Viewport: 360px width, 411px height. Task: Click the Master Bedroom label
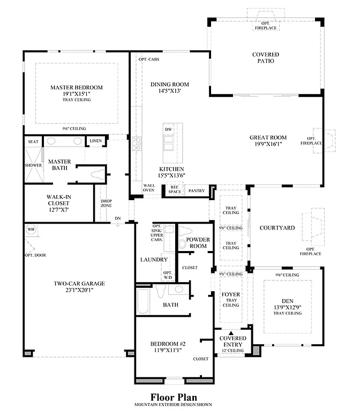point(77,87)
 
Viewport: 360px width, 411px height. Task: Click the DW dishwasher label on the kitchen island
point(168,130)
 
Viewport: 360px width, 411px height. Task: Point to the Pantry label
point(197,191)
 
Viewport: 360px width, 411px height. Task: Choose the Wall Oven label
point(148,188)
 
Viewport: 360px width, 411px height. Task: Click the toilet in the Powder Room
point(183,242)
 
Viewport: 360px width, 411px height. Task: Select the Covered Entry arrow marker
point(232,332)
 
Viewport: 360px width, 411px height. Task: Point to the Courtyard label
point(277,228)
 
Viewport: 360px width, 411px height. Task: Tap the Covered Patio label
point(263,57)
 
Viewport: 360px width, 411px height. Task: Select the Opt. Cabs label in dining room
point(148,59)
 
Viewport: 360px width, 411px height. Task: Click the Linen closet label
point(95,141)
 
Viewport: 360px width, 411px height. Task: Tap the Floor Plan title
point(173,397)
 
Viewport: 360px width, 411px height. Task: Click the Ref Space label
point(174,189)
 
